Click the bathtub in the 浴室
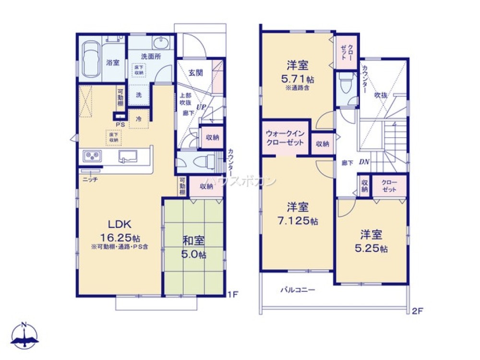coord(90,59)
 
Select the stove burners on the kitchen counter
coord(92,156)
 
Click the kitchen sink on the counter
coord(127,156)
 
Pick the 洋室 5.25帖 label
coord(371,241)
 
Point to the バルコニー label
coord(298,290)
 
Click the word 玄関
coord(195,72)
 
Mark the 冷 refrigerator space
coord(138,119)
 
